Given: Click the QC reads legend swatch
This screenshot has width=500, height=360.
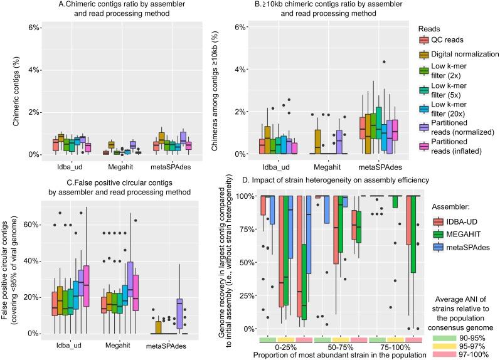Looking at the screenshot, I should point(423,41).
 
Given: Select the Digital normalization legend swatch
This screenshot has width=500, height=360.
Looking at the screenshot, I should point(423,57).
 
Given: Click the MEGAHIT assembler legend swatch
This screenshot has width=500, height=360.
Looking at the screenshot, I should point(439,235).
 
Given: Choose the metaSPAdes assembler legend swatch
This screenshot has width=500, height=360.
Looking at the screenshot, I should point(439,248).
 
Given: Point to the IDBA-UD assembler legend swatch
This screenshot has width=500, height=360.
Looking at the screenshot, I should point(439,221).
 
